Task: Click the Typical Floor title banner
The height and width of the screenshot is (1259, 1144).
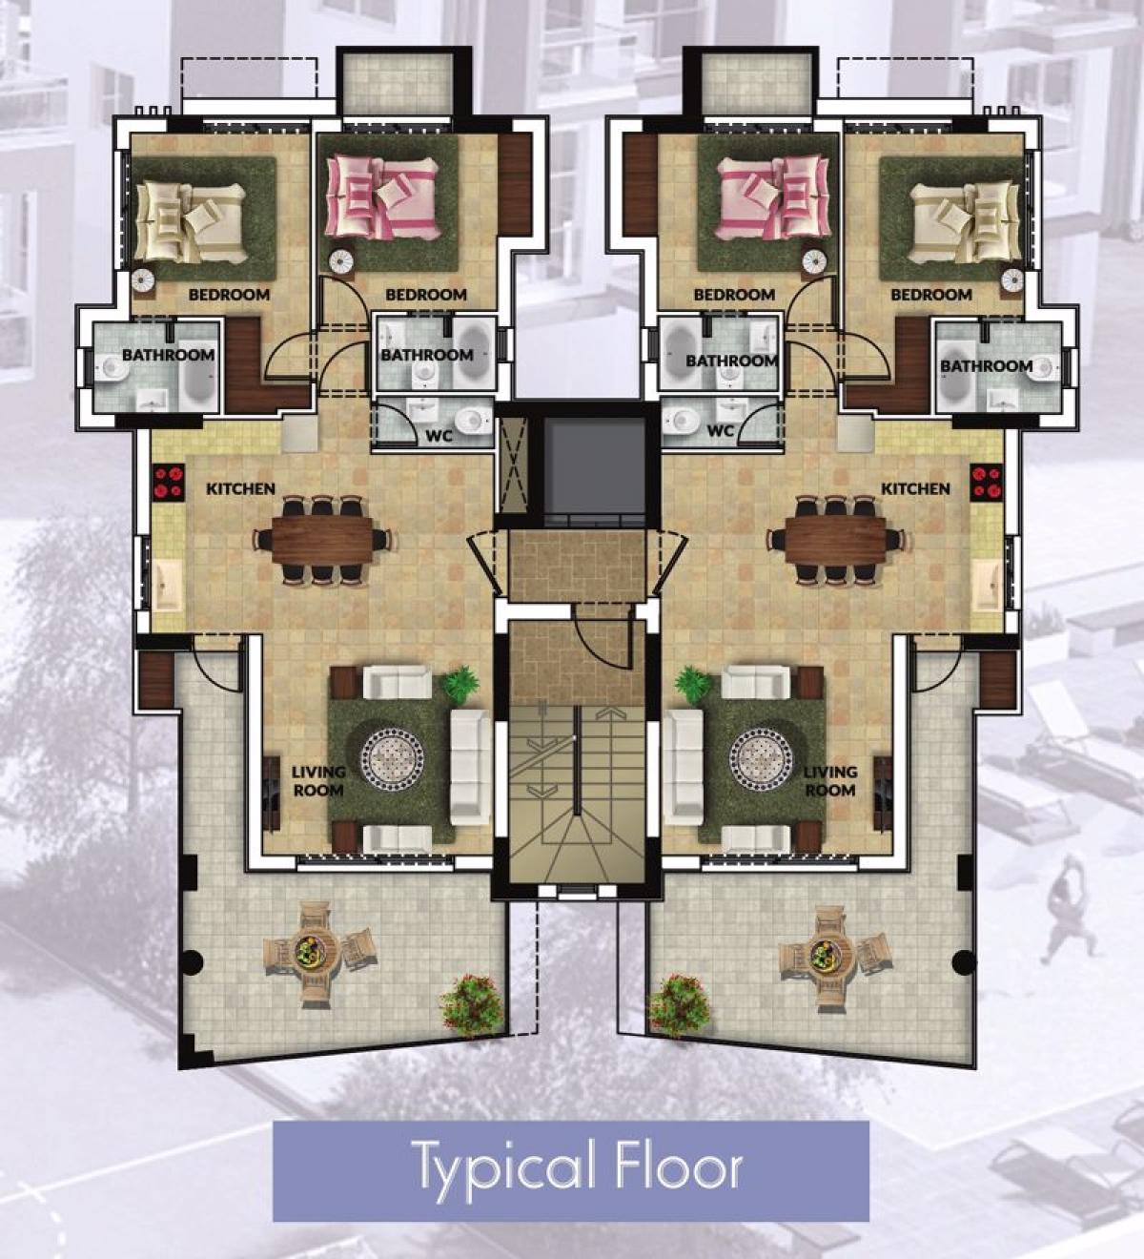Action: click(570, 1170)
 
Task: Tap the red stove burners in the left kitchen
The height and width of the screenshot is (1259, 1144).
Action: click(168, 482)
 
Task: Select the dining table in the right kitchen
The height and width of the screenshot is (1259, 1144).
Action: click(836, 540)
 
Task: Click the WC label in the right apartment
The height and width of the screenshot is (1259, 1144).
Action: click(721, 431)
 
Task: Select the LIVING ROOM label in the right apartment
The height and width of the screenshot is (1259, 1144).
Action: click(830, 781)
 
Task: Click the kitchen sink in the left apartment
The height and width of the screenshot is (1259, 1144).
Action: click(168, 587)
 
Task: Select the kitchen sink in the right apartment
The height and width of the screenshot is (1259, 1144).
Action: click(987, 587)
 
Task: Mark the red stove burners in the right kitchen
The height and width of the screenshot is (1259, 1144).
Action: click(987, 482)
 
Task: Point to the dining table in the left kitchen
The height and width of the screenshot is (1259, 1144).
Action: click(321, 540)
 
